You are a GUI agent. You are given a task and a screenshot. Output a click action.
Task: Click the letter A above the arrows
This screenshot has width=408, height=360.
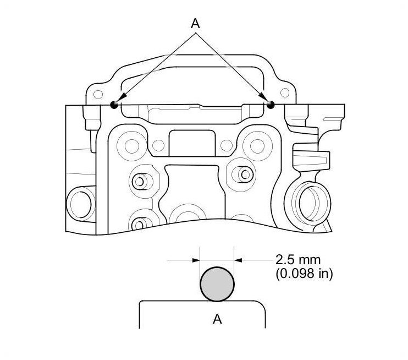(x=195, y=24)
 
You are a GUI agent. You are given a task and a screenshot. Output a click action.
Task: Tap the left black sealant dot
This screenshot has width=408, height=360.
(x=114, y=105)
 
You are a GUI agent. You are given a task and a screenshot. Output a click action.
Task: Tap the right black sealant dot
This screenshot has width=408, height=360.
(x=271, y=105)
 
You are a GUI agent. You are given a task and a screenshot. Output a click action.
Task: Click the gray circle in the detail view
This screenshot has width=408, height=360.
(x=217, y=284)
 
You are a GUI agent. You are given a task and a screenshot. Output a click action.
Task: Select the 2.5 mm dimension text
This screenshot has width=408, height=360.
(x=298, y=260)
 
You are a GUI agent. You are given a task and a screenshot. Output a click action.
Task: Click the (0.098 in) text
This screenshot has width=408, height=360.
(x=304, y=274)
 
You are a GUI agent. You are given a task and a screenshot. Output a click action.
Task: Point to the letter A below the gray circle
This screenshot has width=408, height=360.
(x=217, y=319)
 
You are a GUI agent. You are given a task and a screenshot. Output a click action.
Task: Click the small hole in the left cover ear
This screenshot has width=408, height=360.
(x=98, y=94)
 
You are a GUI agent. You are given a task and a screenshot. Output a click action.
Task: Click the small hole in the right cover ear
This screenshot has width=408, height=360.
(x=285, y=92)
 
